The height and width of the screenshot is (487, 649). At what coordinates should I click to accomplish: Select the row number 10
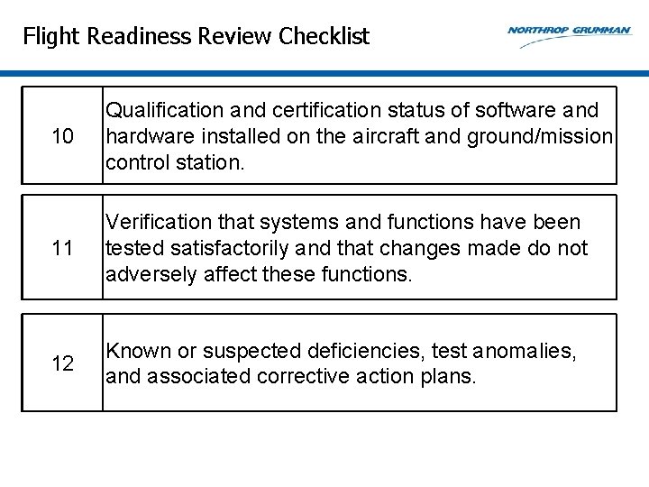62,137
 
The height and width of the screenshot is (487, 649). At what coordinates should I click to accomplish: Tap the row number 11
62,248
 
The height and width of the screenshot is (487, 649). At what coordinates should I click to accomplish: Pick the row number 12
62,363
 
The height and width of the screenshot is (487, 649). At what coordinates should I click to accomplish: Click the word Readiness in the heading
133,37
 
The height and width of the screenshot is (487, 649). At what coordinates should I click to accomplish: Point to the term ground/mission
537,137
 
